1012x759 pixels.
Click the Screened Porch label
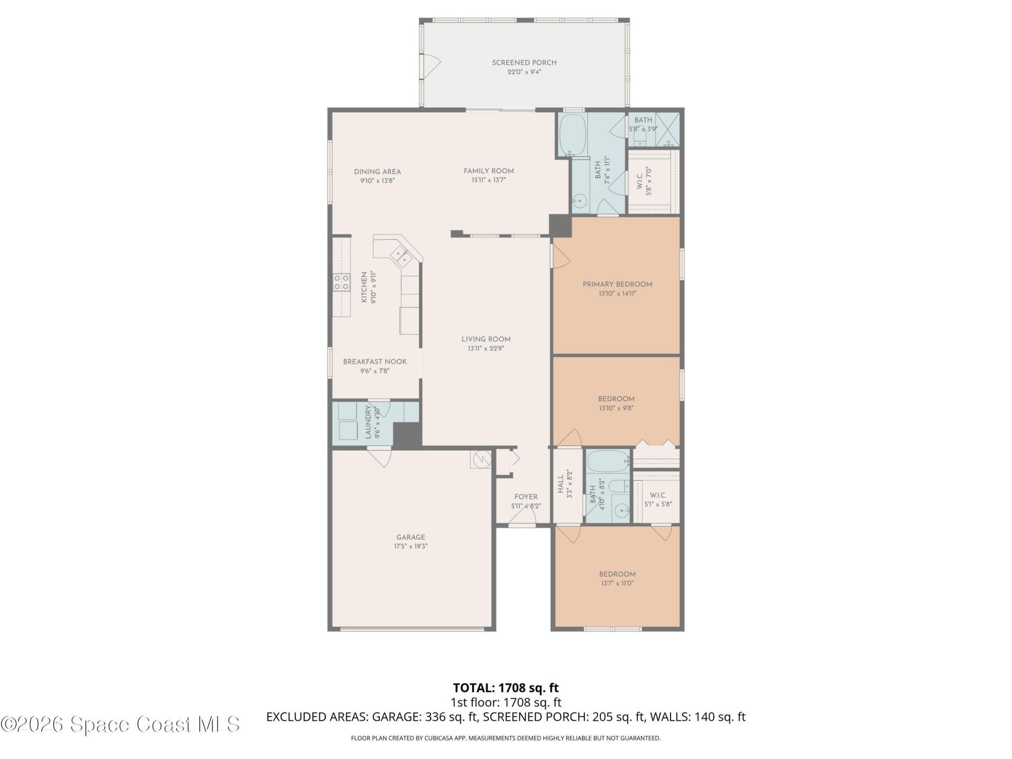coord(524,63)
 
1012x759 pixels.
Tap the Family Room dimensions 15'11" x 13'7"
coord(489,180)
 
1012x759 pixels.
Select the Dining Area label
coord(377,171)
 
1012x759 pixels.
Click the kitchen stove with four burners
coord(342,283)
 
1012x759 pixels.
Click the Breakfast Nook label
coord(375,362)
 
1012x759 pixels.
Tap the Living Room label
coord(486,339)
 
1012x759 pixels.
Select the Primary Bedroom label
coord(617,284)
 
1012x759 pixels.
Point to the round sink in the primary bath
coord(580,200)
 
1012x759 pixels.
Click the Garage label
coord(411,537)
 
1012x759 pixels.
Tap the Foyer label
coord(526,497)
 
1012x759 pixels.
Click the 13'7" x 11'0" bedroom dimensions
coord(617,583)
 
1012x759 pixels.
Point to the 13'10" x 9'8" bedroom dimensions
coord(616,408)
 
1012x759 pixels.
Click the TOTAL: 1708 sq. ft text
coord(505,688)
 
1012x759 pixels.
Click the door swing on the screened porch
coord(432,66)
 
